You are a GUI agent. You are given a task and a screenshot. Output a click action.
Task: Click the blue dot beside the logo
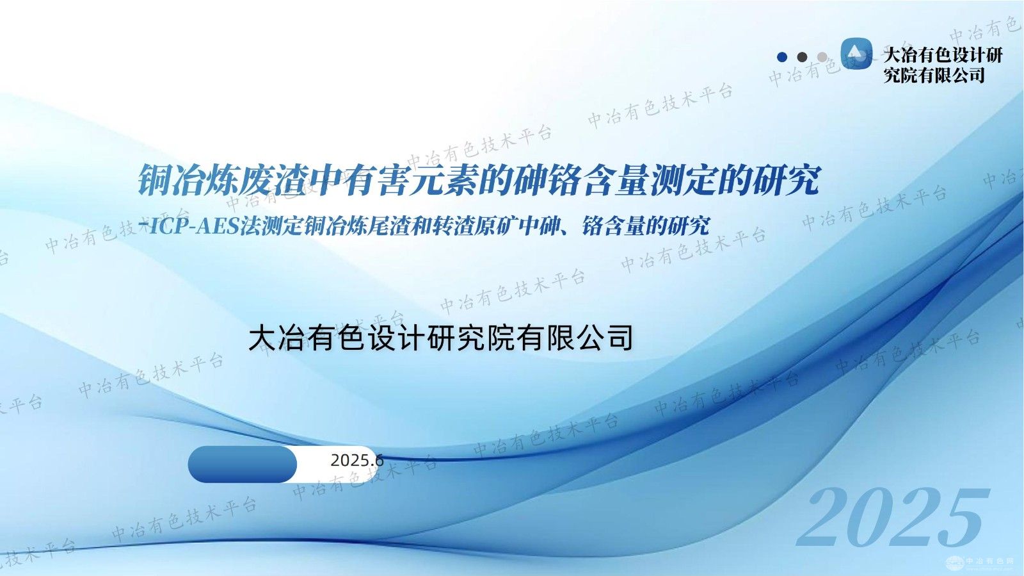tap(781, 57)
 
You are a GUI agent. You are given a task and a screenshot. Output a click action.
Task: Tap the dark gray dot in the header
tap(802, 57)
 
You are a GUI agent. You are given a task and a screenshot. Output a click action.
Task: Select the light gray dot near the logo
tap(822, 57)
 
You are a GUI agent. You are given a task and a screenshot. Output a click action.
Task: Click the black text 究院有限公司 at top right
tap(934, 76)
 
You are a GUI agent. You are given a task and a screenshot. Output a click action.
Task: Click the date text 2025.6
tap(356, 460)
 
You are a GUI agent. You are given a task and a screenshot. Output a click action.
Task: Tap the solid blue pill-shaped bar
tap(243, 465)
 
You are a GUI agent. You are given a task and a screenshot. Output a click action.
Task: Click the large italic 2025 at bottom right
tap(892, 518)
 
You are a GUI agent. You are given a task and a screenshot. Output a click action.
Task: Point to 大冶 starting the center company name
tap(279, 338)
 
